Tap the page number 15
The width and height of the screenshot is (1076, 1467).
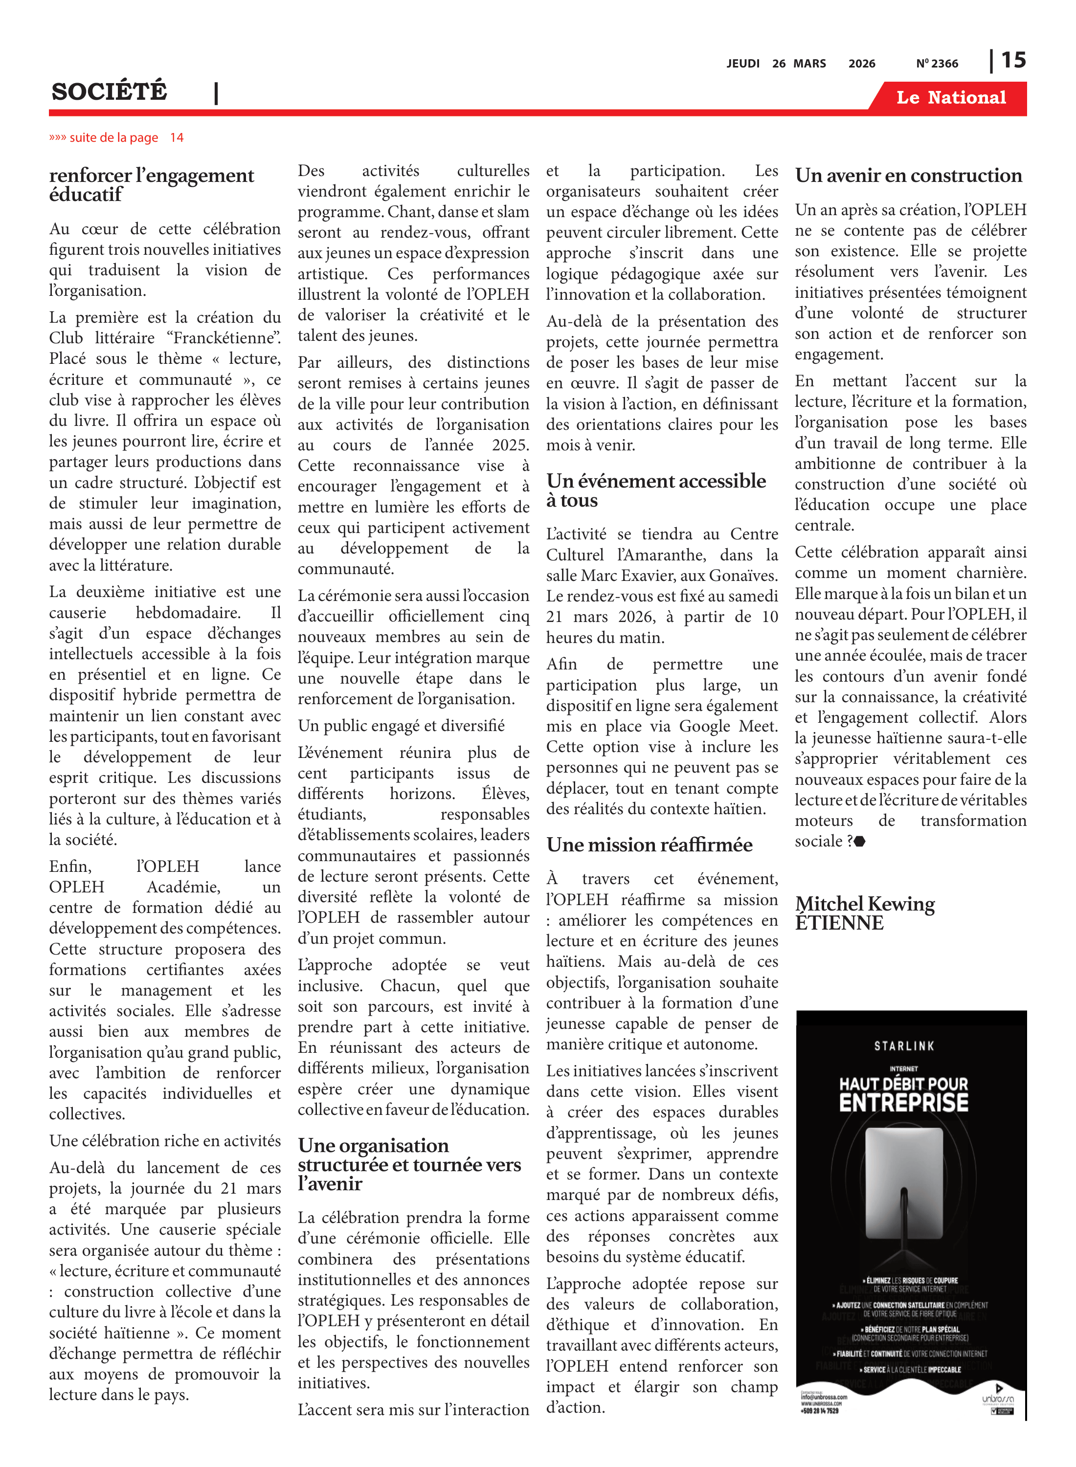pyautogui.click(x=1013, y=61)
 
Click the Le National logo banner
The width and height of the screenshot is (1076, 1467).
pyautogui.click(x=950, y=98)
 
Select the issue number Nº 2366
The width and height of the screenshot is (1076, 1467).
pyautogui.click(x=937, y=64)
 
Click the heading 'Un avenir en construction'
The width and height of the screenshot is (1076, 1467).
pyautogui.click(x=909, y=176)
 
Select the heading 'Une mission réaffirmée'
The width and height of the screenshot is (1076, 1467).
pyautogui.click(x=650, y=845)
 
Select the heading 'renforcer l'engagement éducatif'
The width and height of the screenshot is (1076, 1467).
pyautogui.click(x=151, y=185)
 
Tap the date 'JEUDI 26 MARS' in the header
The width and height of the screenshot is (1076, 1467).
pyautogui.click(x=776, y=64)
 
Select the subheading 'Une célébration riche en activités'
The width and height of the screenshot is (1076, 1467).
pyautogui.click(x=165, y=1141)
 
